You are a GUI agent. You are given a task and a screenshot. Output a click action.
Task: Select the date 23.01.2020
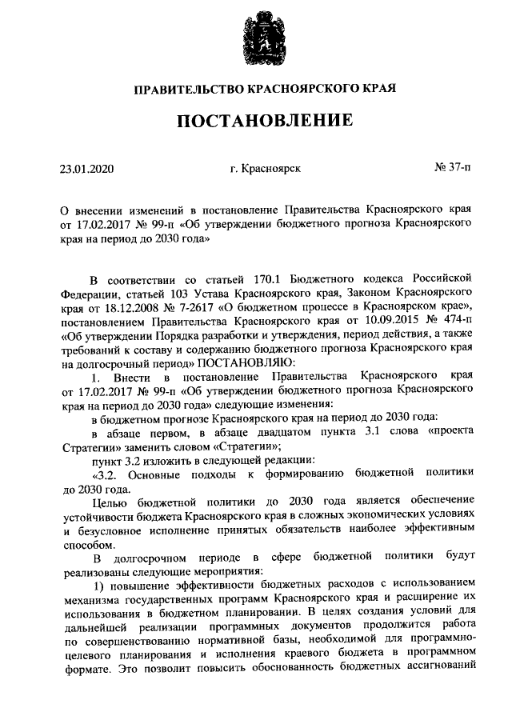[88, 169]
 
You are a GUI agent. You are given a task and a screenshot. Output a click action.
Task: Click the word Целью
[110, 502]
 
